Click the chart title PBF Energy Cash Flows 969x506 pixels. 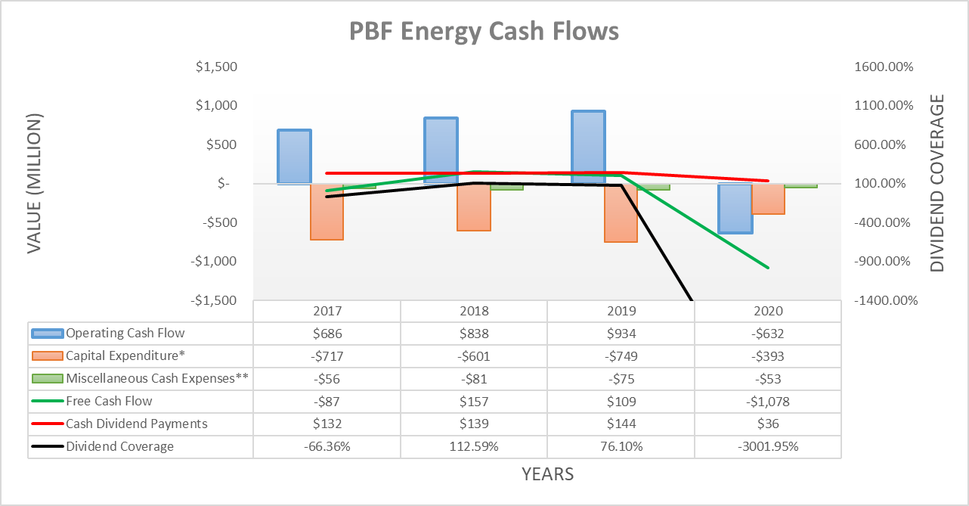pos(484,31)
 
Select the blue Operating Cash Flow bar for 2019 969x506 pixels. pos(587,147)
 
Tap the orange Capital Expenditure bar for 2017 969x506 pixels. pos(327,212)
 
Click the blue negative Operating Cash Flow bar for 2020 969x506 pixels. pos(735,208)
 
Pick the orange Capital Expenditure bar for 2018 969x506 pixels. pos(474,207)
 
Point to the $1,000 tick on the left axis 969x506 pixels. pos(217,106)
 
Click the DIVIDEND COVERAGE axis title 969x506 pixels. pos(937,183)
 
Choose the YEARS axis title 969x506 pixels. pos(547,474)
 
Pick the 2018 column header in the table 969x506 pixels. pos(474,311)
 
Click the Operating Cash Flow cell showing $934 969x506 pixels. pos(621,334)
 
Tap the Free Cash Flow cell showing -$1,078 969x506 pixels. pos(767,402)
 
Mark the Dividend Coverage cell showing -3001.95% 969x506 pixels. pos(767,446)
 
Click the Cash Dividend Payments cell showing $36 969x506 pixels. pos(767,424)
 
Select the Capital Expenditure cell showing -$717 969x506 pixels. pos(327,356)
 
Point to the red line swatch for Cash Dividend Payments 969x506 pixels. pos(47,424)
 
